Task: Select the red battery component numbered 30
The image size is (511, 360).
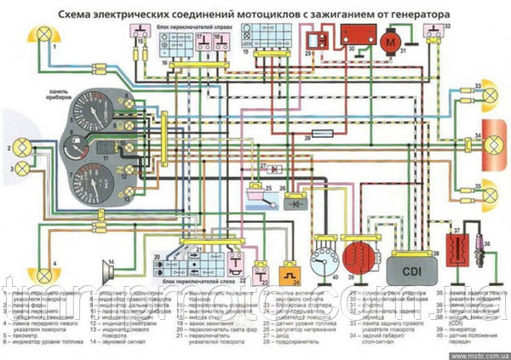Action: tap(356, 36)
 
